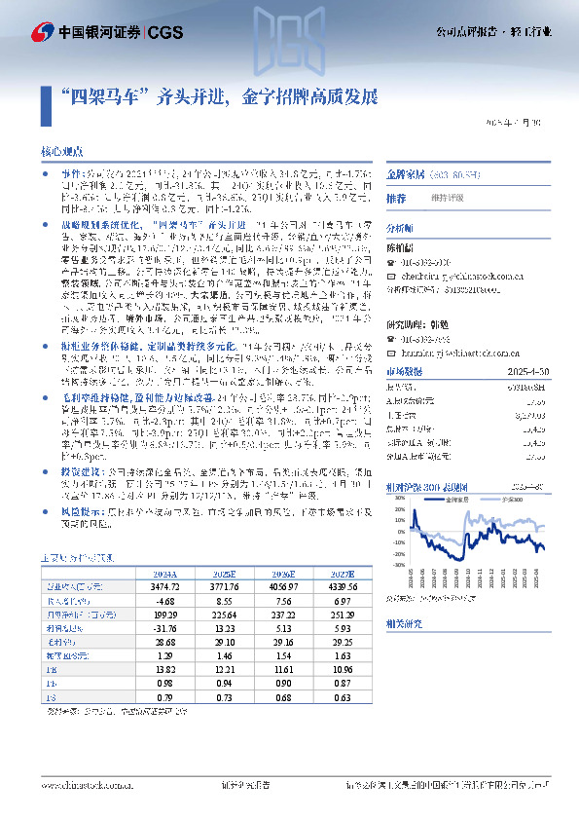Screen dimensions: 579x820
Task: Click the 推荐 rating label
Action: coord(396,198)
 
